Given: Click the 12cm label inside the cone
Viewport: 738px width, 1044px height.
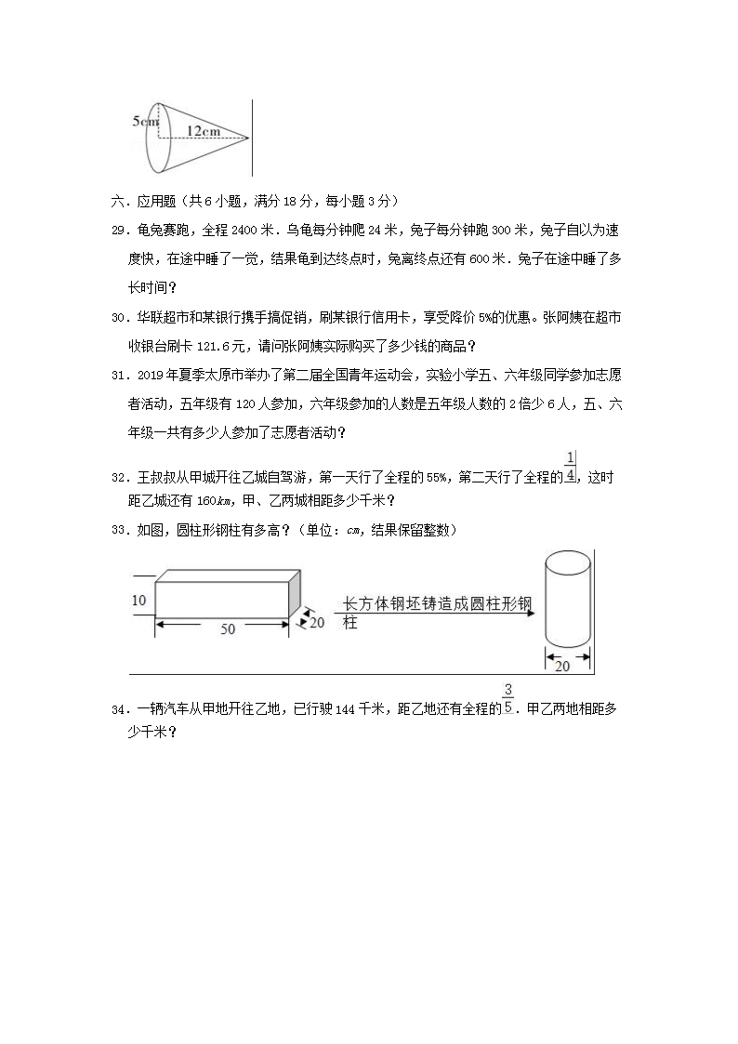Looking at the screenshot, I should [x=203, y=131].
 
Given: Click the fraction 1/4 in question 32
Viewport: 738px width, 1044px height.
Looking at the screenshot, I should [x=570, y=467].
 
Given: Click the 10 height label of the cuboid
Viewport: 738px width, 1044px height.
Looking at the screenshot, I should [x=139, y=601].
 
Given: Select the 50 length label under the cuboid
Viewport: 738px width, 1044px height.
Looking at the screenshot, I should [x=227, y=629].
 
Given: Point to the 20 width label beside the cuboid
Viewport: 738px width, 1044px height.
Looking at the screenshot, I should [x=316, y=623].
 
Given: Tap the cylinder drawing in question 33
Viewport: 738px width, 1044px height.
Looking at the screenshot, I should [x=567, y=600].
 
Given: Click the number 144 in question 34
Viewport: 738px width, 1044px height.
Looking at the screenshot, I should [x=346, y=709].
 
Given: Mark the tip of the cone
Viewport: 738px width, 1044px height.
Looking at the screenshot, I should [x=248, y=139].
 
